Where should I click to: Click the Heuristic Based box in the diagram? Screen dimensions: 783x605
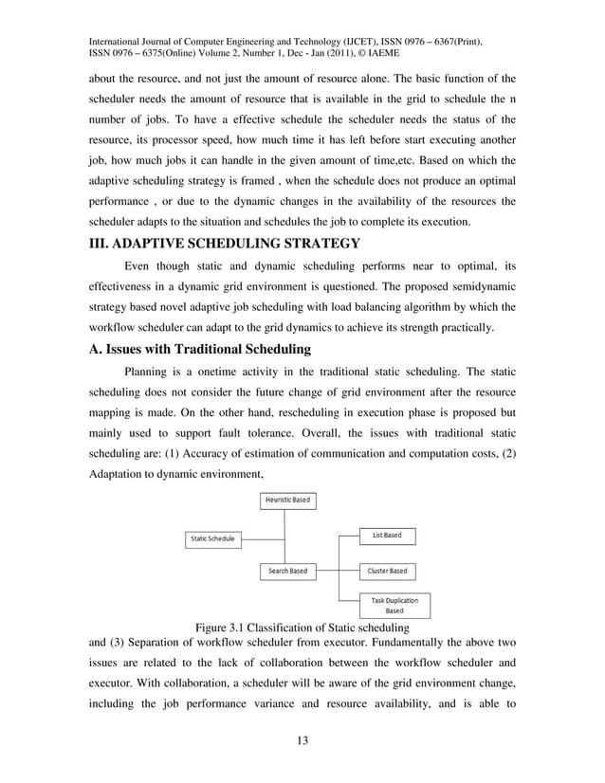(286, 500)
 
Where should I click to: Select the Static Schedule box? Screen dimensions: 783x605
(212, 538)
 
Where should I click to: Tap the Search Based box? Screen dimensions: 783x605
(286, 571)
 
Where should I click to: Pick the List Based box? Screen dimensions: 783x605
(387, 536)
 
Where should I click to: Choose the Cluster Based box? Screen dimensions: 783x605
(387, 571)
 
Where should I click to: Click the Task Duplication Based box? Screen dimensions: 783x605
(394, 605)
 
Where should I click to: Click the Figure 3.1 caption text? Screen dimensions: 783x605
(302, 628)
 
